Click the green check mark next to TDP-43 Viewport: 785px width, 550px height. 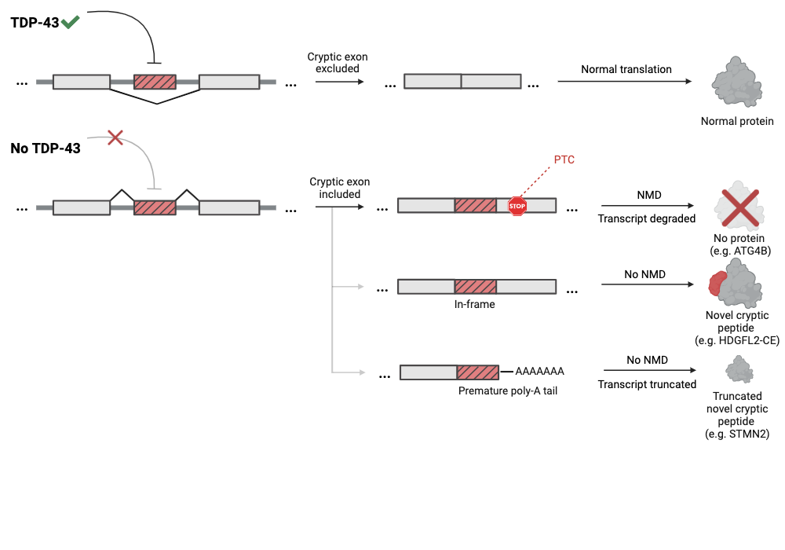pyautogui.click(x=70, y=23)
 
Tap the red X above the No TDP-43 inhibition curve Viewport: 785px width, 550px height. pyautogui.click(x=115, y=138)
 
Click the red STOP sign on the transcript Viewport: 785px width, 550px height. pyautogui.click(x=517, y=206)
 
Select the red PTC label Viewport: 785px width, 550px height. pyautogui.click(x=564, y=159)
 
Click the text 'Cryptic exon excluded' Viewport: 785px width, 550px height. pyautogui.click(x=338, y=63)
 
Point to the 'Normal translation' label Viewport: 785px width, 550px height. pyautogui.click(x=626, y=69)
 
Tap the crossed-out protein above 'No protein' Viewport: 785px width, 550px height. pyautogui.click(x=737, y=208)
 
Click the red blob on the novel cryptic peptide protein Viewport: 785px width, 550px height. pyautogui.click(x=717, y=284)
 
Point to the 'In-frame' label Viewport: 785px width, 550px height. pyautogui.click(x=475, y=304)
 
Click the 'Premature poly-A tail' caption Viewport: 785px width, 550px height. pyautogui.click(x=507, y=390)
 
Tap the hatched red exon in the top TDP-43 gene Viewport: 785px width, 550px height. pyautogui.click(x=155, y=82)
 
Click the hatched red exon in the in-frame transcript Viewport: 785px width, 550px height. pyautogui.click(x=475, y=287)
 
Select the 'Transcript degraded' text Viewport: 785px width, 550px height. pyautogui.click(x=647, y=218)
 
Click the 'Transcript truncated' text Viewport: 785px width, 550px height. pyautogui.click(x=647, y=384)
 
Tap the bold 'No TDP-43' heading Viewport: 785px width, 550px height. pyautogui.click(x=46, y=148)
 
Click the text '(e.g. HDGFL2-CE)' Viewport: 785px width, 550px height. pyautogui.click(x=737, y=340)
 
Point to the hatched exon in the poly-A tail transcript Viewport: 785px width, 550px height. pyautogui.click(x=477, y=372)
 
